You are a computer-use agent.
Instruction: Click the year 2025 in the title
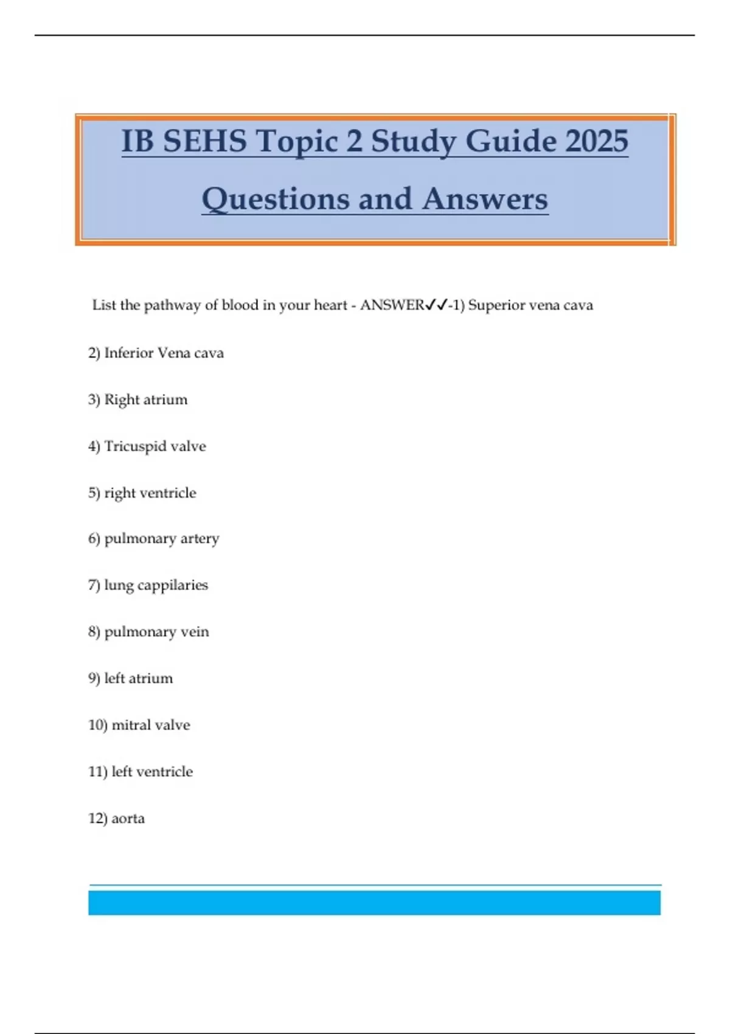597,141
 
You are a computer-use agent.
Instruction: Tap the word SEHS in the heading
204,141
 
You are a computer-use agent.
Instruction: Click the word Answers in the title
485,199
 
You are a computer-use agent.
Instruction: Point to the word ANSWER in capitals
392,305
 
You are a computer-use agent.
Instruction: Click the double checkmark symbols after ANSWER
436,305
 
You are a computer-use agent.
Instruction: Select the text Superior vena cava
530,305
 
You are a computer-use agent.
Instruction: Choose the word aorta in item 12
128,819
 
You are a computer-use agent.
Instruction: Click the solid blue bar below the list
374,903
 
